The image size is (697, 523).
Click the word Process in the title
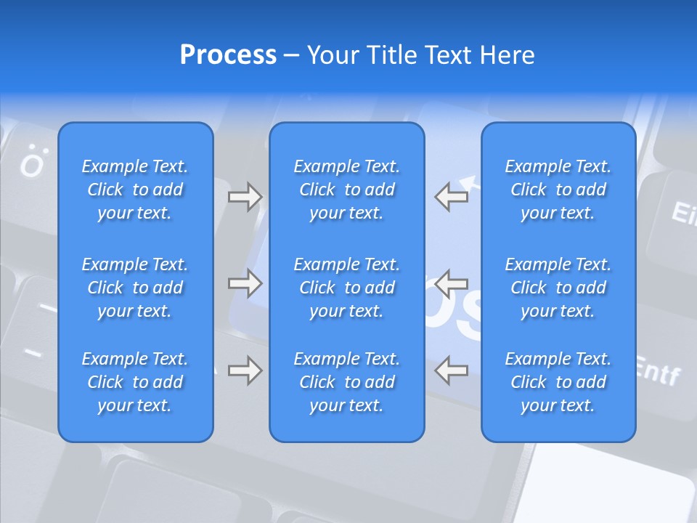228,55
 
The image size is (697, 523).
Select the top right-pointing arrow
245,197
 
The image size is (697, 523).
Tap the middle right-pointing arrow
245,283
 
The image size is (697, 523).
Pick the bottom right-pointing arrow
245,370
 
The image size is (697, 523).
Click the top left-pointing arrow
451,197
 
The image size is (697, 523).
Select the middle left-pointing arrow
451,283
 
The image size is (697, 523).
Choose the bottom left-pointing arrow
451,370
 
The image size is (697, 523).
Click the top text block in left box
135,190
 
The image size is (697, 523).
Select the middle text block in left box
135,288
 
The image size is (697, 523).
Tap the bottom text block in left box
135,382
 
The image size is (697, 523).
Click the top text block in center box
347,190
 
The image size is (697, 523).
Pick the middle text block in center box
347,288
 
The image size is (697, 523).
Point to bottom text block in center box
347,382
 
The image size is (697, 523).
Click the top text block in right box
558,190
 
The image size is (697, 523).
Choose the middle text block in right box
558,288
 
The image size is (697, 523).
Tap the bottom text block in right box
558,382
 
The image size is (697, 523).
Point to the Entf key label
658,372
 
